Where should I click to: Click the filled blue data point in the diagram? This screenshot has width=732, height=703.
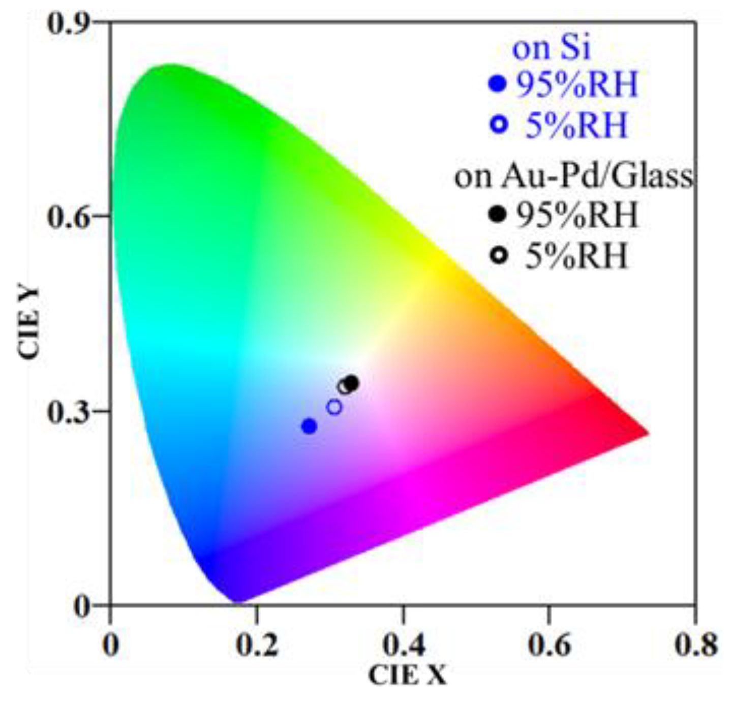[309, 426]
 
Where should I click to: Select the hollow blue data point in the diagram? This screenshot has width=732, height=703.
[334, 407]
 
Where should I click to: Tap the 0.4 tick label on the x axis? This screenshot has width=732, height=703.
[404, 645]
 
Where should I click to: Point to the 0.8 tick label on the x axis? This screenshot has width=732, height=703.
[695, 645]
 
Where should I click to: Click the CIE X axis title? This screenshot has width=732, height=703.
[407, 676]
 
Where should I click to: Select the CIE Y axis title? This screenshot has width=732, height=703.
[29, 322]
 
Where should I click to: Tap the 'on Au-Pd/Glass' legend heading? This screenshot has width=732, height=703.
[573, 177]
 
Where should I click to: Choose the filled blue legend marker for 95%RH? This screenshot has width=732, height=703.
[498, 84]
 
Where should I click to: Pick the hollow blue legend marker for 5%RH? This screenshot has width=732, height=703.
[499, 124]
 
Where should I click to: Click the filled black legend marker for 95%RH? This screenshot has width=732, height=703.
[498, 215]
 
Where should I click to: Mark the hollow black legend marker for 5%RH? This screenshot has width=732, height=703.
[499, 255]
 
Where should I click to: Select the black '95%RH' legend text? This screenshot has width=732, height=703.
[576, 215]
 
